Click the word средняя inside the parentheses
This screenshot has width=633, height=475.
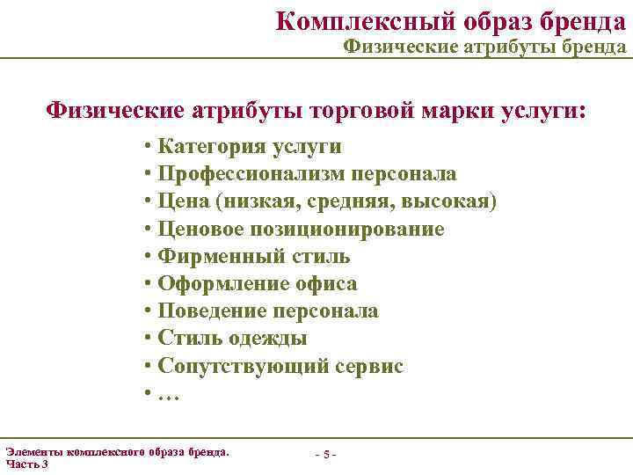tap(353, 201)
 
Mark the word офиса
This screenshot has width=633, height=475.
tap(327, 284)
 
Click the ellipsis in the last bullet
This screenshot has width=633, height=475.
tap(169, 394)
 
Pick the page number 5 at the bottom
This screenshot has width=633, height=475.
tap(326, 454)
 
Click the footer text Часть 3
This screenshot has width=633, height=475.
tap(27, 464)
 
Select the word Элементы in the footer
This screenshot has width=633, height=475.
tap(33, 451)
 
